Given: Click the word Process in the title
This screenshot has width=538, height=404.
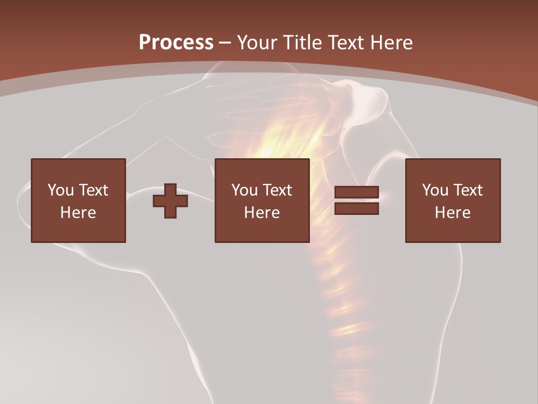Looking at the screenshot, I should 176,43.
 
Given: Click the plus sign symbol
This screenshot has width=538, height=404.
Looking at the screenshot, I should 170,201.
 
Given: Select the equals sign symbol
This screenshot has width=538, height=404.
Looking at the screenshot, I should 356,201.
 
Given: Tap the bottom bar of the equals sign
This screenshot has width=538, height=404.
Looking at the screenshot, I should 356,209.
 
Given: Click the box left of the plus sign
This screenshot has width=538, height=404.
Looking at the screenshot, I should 78,200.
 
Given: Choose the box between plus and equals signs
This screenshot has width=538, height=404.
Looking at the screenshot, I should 262,200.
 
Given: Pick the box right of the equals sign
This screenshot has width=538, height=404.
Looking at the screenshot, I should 452,200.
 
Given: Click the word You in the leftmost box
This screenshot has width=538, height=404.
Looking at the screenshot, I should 61,190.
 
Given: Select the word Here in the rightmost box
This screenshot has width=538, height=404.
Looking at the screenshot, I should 452,213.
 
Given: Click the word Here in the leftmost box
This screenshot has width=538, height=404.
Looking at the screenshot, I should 78,213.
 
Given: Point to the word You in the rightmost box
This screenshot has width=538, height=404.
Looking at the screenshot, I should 435,190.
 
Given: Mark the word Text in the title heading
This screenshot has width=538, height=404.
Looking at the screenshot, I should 347,43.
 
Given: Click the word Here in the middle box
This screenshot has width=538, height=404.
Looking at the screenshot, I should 262,213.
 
